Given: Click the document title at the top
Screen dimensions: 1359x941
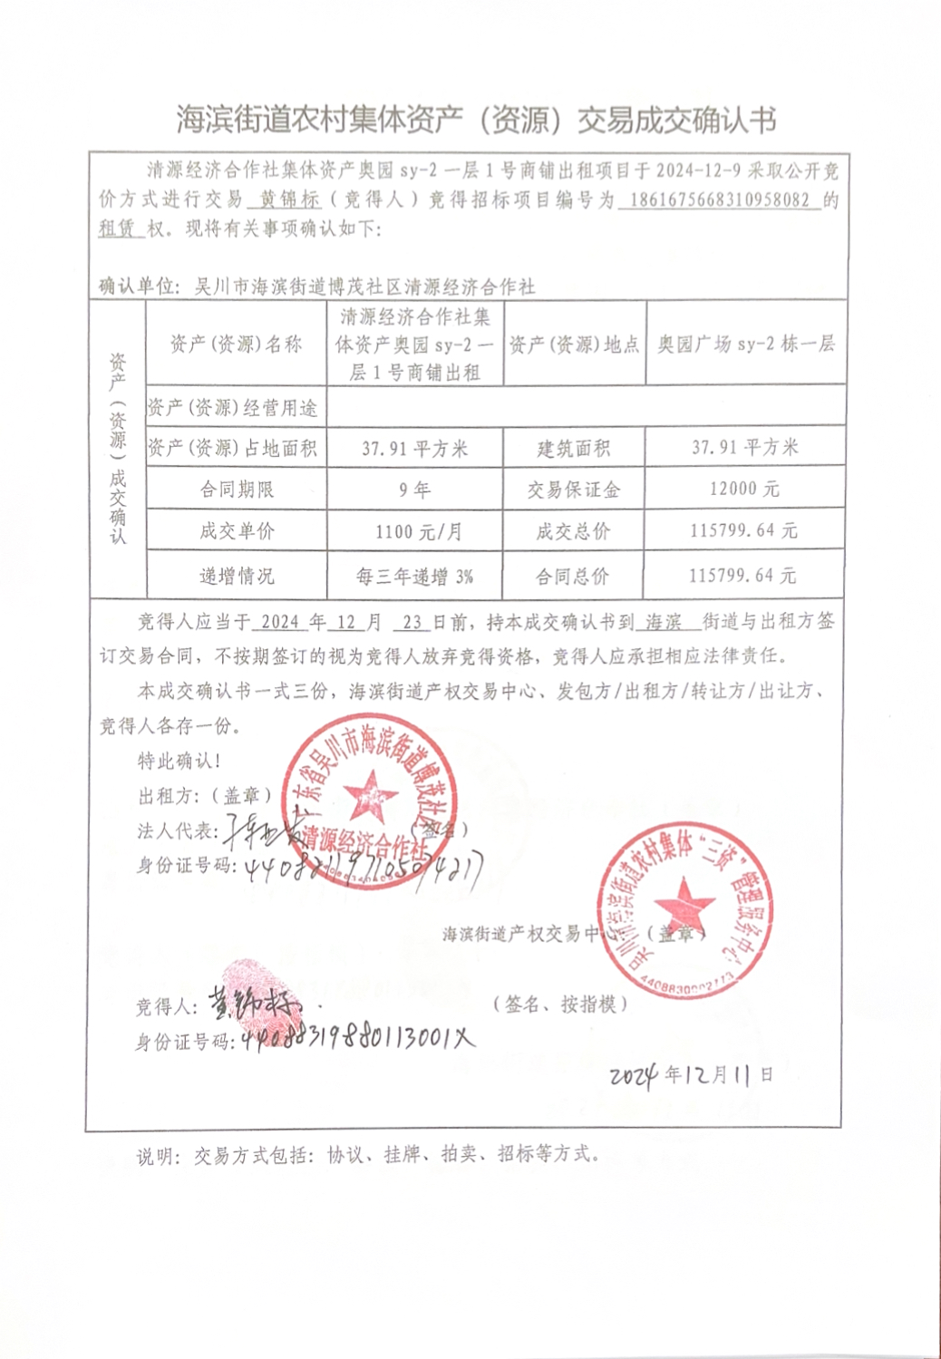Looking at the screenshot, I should tap(476, 120).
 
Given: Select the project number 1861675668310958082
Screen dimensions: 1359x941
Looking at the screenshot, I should tap(720, 199).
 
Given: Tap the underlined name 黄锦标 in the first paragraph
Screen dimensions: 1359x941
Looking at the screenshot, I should tap(290, 199).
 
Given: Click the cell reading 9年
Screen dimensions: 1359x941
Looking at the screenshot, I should tap(414, 490).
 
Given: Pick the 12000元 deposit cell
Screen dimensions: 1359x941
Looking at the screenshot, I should tap(744, 489).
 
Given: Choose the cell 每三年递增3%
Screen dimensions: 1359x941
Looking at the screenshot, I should tap(414, 577).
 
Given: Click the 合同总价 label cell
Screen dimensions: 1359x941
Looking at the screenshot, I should tap(573, 577).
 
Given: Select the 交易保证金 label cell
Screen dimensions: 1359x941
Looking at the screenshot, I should tap(573, 490).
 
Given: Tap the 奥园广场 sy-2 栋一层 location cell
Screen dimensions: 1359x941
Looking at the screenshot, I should tap(745, 344).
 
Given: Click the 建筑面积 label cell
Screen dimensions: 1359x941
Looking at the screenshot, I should tap(573, 448).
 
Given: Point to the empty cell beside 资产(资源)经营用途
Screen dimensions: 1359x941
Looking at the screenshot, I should tap(586, 407).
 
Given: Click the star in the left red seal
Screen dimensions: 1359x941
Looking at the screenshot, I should tap(369, 795).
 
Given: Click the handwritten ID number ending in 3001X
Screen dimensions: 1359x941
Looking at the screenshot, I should tap(357, 1037).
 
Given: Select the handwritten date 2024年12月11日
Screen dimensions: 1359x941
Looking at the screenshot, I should tap(691, 1075).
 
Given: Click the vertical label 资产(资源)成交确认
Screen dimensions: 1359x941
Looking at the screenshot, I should tap(118, 449).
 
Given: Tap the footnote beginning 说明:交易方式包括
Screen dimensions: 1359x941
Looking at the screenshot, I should tap(368, 1155).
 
